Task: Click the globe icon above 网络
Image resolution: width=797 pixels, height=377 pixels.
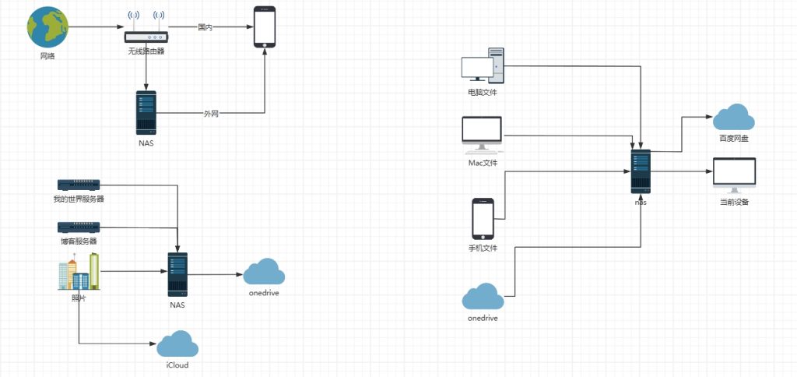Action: [47, 27]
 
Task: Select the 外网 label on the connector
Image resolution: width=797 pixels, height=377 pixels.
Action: [211, 114]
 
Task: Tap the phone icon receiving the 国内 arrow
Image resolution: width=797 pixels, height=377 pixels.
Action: [265, 28]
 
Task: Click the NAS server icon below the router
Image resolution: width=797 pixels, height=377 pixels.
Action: [146, 114]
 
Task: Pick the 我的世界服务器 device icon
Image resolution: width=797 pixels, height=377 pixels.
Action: [79, 185]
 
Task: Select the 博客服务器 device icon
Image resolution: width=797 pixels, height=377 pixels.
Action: [79, 227]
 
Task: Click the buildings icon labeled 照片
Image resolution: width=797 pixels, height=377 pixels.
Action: [79, 272]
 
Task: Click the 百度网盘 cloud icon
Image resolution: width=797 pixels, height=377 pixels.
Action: [733, 117]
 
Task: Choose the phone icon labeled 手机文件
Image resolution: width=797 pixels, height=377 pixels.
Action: [483, 219]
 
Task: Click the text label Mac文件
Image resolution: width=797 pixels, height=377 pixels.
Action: [483, 163]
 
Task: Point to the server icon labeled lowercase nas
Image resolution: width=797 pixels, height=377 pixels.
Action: [641, 171]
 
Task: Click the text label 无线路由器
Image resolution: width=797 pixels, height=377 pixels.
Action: [146, 51]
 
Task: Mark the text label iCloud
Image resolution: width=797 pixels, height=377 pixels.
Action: [177, 365]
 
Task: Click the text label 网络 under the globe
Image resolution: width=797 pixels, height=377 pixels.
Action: [47, 57]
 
